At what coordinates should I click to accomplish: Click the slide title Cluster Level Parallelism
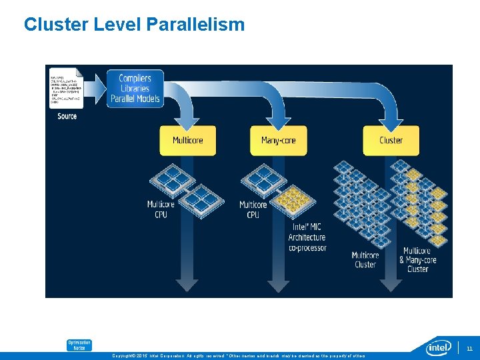click(134, 25)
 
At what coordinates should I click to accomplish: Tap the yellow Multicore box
click(187, 141)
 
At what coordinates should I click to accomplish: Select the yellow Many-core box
click(279, 141)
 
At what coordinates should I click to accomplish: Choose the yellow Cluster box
click(391, 141)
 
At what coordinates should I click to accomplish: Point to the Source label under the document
click(67, 117)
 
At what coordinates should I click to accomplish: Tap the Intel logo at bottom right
click(439, 347)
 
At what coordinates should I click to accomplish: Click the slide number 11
click(469, 348)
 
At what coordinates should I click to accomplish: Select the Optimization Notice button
click(79, 345)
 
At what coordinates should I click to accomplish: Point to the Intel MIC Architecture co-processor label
click(307, 237)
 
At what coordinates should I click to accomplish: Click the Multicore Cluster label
click(365, 260)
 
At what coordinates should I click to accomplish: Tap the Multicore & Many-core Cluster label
click(417, 260)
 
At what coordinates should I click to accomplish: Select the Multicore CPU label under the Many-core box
click(253, 209)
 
